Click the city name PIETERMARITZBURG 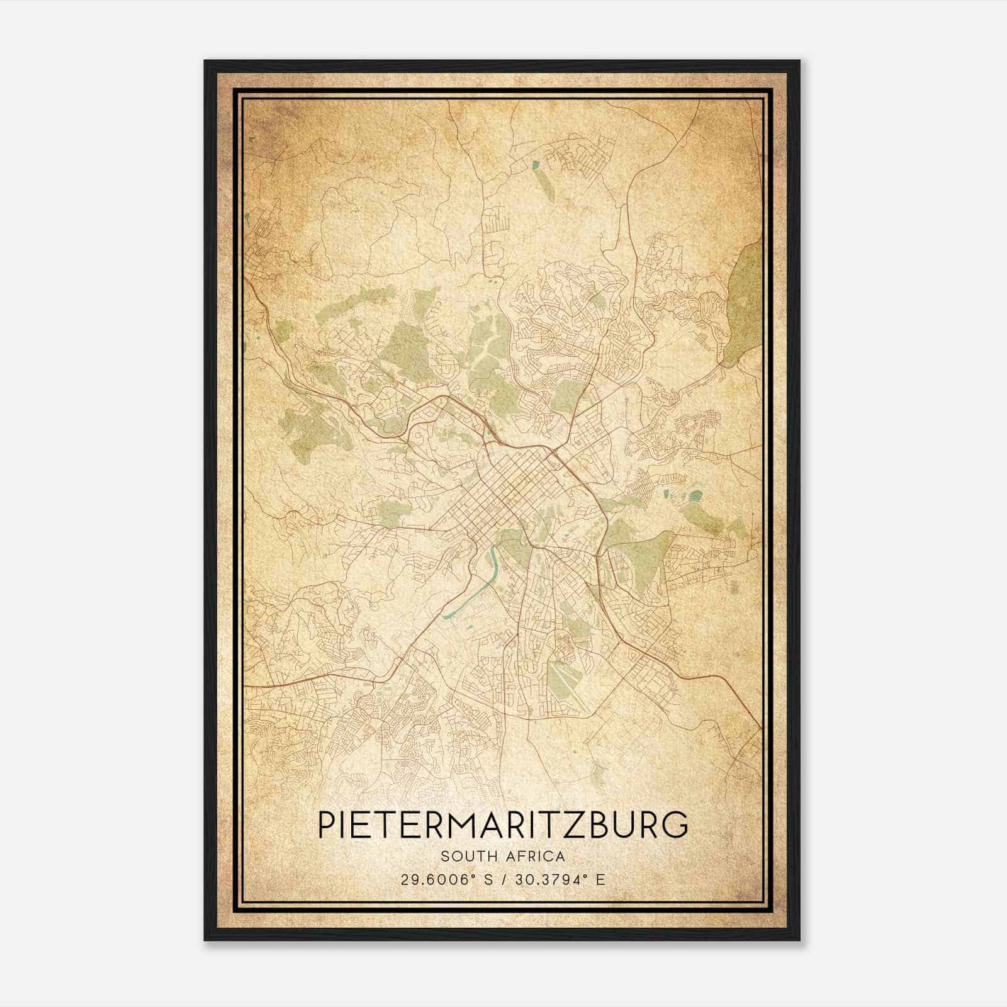pyautogui.click(x=503, y=824)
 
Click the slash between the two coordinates pyautogui.click(x=503, y=879)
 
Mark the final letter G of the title pyautogui.click(x=675, y=824)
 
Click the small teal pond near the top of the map pyautogui.click(x=536, y=165)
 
